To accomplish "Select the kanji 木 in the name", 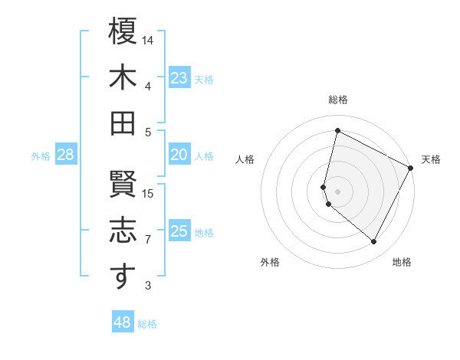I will pos(123,77).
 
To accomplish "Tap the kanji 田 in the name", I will pos(123,123).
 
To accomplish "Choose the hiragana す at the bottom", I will pos(123,277).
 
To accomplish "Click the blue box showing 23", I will pos(179,77).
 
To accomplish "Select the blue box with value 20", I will pos(179,155).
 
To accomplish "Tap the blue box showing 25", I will pos(179,231).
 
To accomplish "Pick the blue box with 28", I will pos(66,155).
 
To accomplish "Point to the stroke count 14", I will pos(149,40).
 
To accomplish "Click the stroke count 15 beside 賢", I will pos(149,193).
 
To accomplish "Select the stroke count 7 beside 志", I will pos(148,240).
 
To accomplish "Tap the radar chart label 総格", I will pos(338,100).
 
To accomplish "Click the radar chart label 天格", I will pos(431,159).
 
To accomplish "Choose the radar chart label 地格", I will pos(402,262).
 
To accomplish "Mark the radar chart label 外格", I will pos(270,262).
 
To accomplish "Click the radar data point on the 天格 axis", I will pos(412,168).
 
